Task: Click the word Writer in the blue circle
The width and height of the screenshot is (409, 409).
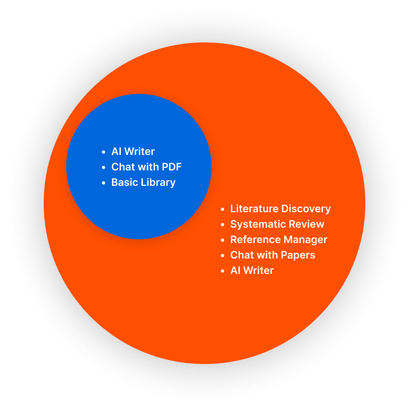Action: (x=140, y=152)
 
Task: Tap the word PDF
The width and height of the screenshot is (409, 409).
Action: (x=172, y=167)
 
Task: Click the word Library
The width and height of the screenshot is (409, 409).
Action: (x=158, y=183)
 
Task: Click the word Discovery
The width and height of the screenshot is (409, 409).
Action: (x=306, y=209)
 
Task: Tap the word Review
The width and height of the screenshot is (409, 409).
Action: (x=307, y=224)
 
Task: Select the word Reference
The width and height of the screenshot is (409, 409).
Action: (x=255, y=239)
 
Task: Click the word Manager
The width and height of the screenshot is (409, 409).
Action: (x=305, y=240)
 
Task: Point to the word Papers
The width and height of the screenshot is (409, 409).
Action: (x=299, y=255)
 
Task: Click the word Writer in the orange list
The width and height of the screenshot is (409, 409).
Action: (x=259, y=271)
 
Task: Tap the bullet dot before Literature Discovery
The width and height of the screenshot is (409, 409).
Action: (x=223, y=209)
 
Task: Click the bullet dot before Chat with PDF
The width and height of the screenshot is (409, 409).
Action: (x=104, y=167)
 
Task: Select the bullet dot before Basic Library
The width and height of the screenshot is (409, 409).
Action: (x=104, y=183)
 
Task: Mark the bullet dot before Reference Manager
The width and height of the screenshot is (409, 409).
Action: (x=223, y=240)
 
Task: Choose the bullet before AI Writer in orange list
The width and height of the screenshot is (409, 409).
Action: (x=223, y=271)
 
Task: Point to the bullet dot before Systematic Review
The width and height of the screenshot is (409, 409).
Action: (x=223, y=224)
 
